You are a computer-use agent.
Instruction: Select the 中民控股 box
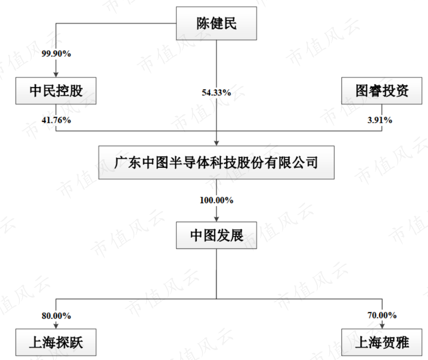56,91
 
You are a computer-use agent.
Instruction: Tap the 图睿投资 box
382,91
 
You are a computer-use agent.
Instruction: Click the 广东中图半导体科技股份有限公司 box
216,163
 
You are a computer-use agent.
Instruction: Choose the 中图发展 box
216,235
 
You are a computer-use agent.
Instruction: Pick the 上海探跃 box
56,342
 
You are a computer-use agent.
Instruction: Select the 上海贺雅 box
382,342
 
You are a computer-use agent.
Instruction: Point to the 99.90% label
56,54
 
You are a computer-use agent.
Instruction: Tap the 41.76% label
56,120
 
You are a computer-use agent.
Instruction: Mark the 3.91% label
381,120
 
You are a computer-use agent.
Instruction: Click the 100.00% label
216,200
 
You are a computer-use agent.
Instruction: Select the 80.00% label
56,315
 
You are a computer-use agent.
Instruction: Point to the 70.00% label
382,315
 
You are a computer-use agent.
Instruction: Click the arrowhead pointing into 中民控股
56,74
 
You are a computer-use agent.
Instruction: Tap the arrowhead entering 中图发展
216,218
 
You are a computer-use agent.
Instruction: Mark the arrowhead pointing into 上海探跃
56,326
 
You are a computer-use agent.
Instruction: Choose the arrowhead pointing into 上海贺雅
382,326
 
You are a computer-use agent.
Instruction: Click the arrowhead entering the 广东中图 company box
216,143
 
